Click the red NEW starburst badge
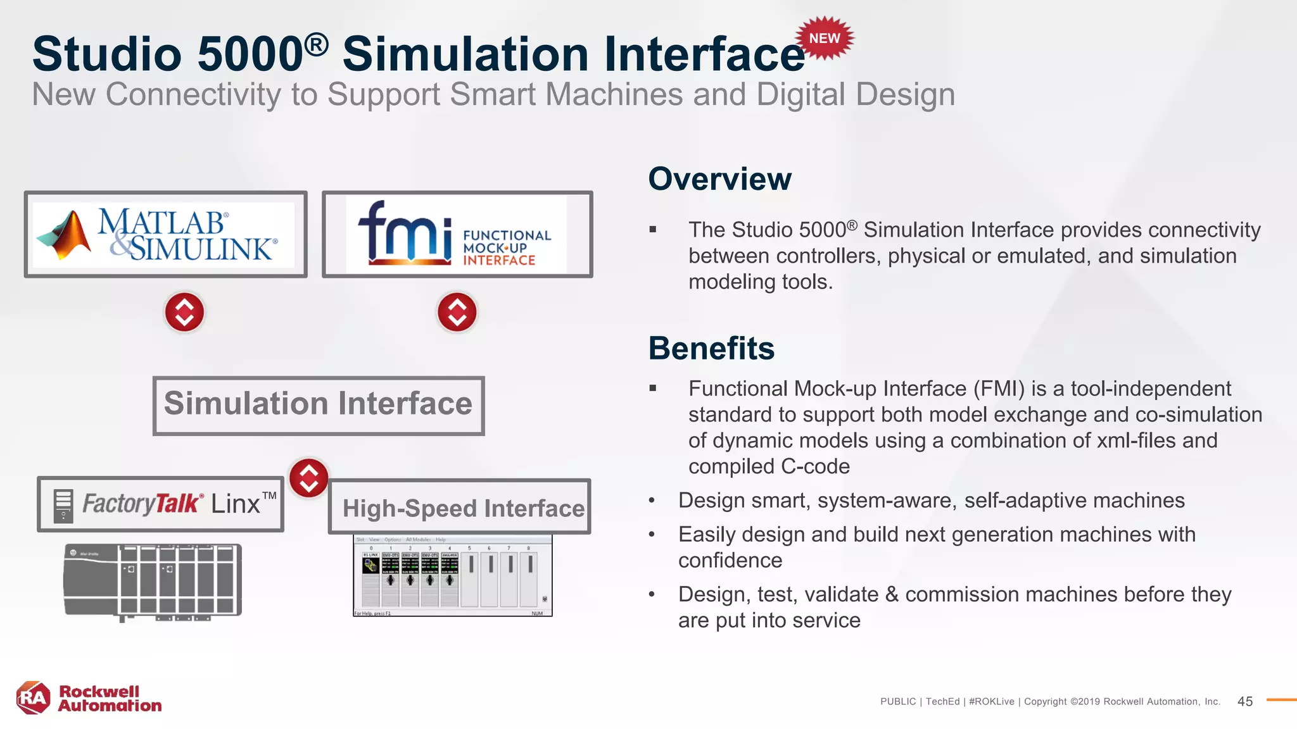point(825,39)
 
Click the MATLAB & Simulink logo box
point(166,234)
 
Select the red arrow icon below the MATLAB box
point(184,312)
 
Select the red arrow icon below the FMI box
point(457,312)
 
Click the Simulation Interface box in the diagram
point(319,406)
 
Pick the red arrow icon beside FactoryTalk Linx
point(308,478)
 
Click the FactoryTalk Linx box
point(160,504)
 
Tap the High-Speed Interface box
point(460,508)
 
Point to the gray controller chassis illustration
point(153,580)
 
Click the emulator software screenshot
point(452,575)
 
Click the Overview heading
point(719,179)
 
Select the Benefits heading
point(711,348)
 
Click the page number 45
point(1244,701)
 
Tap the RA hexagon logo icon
point(33,698)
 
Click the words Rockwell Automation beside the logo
point(109,699)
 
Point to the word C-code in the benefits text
point(815,467)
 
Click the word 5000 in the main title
point(250,54)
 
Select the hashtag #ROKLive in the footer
point(991,701)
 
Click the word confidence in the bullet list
point(730,561)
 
